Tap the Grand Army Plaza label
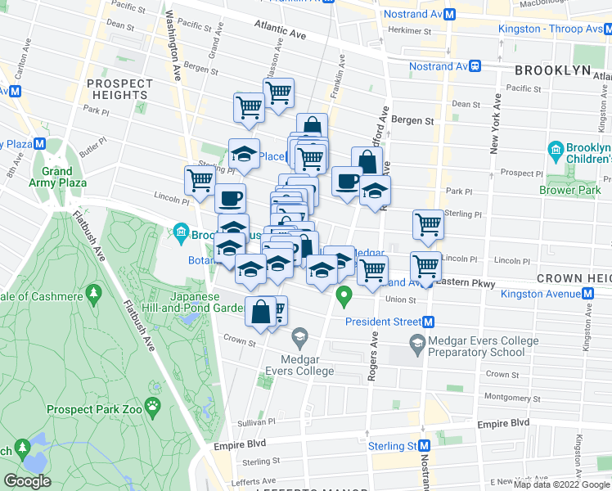click(x=58, y=177)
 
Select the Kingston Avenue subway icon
click(x=587, y=293)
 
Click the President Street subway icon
click(x=428, y=322)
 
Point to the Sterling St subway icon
click(x=424, y=446)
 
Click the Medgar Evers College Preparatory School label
click(x=475, y=346)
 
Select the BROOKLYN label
click(x=553, y=70)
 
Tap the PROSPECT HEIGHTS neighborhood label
click(x=119, y=89)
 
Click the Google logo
click(x=27, y=481)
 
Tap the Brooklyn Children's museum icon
click(x=554, y=151)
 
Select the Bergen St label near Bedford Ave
click(x=412, y=120)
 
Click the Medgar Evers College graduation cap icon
click(x=300, y=336)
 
